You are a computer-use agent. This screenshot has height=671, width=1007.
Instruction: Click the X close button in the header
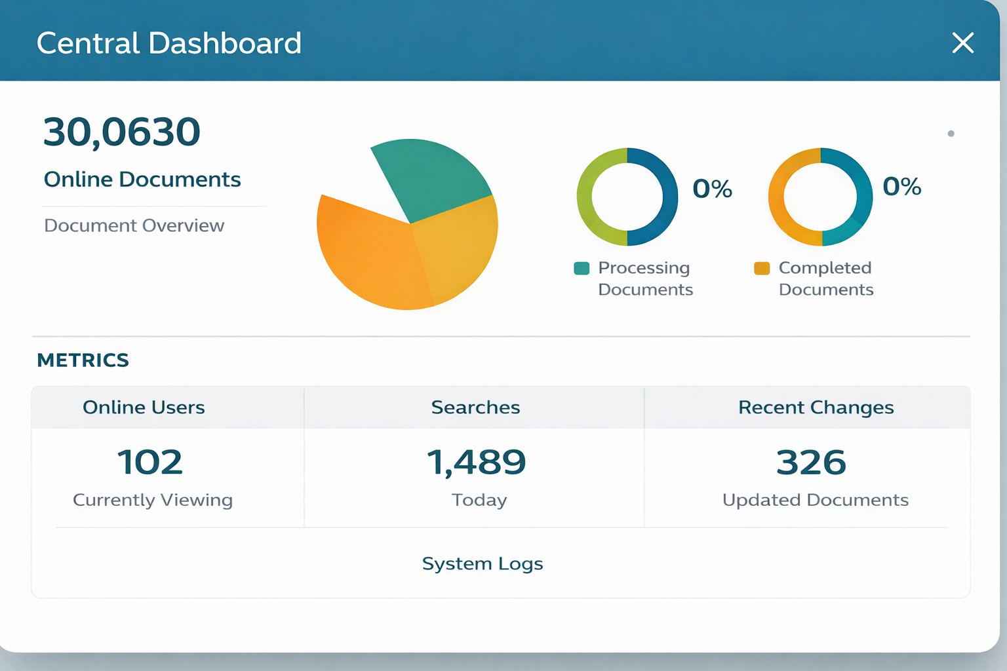pos(962,43)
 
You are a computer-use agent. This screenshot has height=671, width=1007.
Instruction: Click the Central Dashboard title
pos(168,44)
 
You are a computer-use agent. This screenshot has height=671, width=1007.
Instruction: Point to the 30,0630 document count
pos(121,132)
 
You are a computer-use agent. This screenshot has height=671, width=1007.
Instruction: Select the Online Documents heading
pos(142,180)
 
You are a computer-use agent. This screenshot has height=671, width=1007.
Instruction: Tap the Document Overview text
pos(134,225)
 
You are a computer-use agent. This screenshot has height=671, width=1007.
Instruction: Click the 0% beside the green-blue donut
pos(712,189)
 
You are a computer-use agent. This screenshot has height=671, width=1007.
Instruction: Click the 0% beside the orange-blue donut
pos(901,187)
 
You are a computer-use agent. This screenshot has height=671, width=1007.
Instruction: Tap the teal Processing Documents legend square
pos(582,269)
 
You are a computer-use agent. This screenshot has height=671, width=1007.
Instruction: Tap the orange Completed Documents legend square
pos(762,269)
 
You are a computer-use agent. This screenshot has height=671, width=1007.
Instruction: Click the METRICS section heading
pos(83,360)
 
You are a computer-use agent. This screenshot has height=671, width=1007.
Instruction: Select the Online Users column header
pos(144,408)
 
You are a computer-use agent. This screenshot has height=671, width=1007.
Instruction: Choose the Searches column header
pos(475,408)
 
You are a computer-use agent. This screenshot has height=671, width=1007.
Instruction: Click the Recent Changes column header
pos(816,408)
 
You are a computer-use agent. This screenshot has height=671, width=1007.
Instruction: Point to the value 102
pos(150,463)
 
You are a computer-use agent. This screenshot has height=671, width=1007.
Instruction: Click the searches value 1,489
pos(477,463)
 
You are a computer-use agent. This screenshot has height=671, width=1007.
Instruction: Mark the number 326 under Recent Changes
pos(811,463)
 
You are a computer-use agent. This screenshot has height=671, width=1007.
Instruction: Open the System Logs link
pos(483,564)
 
